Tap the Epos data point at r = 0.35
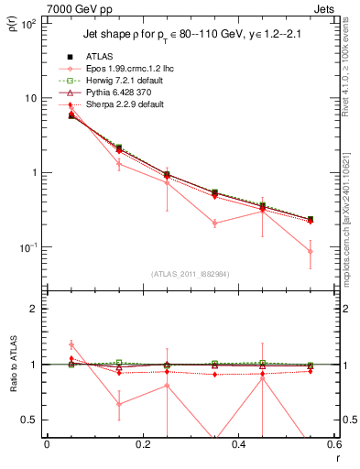(214, 223)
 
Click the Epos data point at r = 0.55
(311, 251)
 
